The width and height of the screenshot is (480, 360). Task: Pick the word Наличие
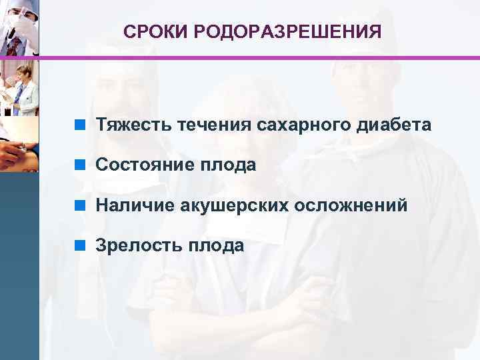coord(134,205)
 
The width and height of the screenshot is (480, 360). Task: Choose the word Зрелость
coord(137,245)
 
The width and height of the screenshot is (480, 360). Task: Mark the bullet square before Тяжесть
coord(80,125)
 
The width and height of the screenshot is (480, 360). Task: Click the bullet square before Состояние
coord(80,165)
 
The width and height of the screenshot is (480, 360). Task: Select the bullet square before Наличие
coord(80,205)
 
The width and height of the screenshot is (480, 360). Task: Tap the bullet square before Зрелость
coord(80,245)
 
